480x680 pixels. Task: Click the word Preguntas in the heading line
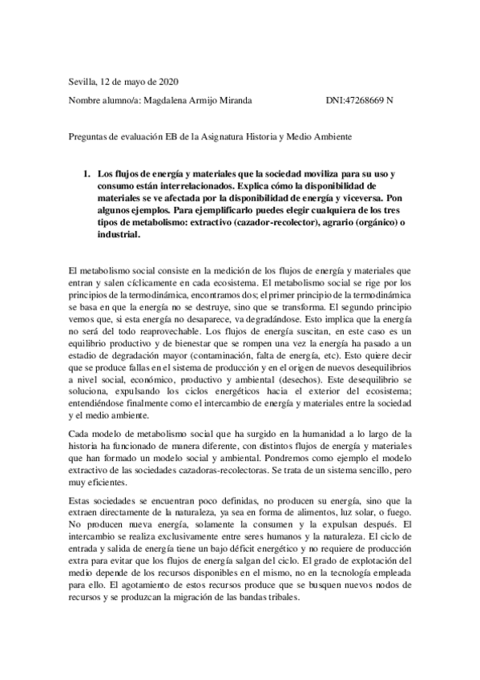(87, 137)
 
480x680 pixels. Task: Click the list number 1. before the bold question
(88, 173)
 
